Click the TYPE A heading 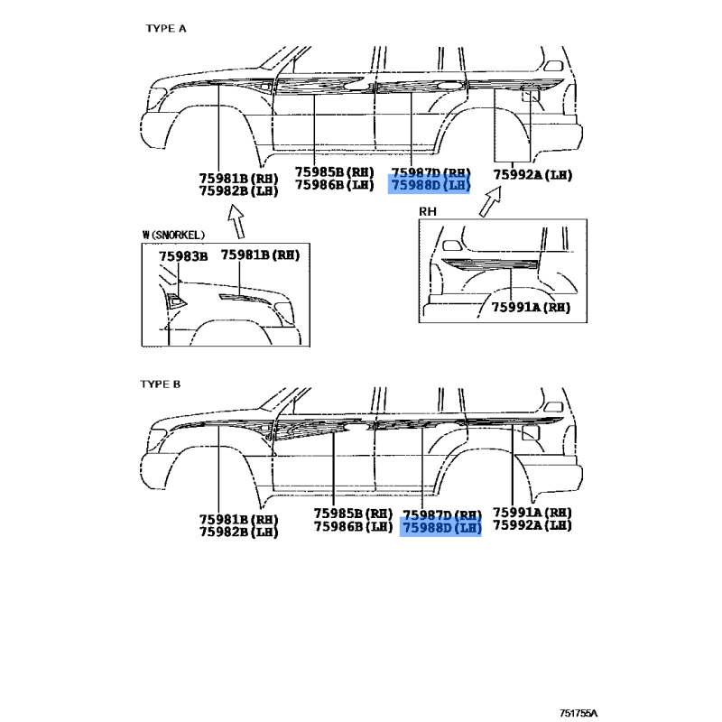click(x=166, y=28)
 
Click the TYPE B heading click(x=161, y=384)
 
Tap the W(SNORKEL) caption click(x=180, y=235)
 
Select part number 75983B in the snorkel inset click(x=183, y=256)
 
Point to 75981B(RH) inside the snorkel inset click(x=260, y=255)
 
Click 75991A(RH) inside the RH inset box click(x=532, y=308)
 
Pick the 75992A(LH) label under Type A click(x=533, y=175)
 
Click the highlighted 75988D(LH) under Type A click(x=430, y=185)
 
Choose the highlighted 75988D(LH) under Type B click(x=440, y=528)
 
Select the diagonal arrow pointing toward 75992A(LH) click(x=489, y=201)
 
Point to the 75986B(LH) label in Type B click(x=352, y=526)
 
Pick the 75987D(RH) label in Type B click(x=442, y=514)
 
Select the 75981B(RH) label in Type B click(x=238, y=519)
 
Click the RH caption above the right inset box click(x=428, y=211)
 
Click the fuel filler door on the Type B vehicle click(x=531, y=433)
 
